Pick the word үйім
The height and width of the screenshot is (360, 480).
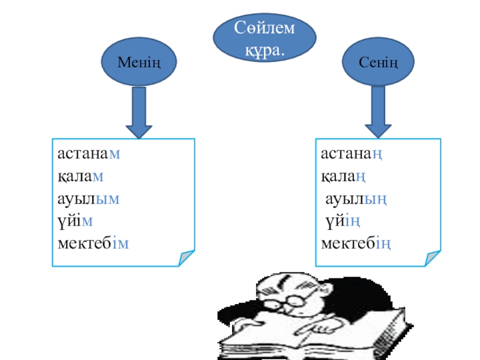[75, 221]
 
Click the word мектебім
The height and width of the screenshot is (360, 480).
[93, 244]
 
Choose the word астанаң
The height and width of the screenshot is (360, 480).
[352, 154]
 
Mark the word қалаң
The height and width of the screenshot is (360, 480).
[344, 176]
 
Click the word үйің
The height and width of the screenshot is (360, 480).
[343, 221]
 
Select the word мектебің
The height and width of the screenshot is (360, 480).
[356, 244]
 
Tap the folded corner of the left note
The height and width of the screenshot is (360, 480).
[187, 259]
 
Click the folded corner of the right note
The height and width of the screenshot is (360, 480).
[433, 258]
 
